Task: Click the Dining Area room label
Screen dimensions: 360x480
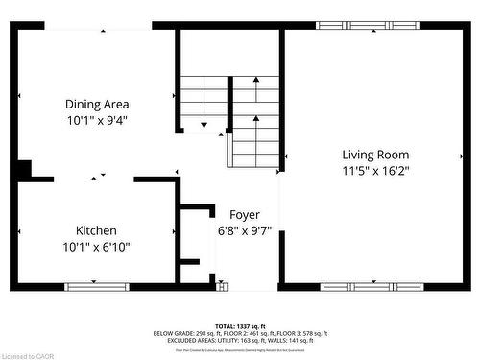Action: coord(97,104)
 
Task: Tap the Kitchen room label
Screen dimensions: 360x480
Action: coord(97,230)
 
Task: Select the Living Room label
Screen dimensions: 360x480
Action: coord(375,154)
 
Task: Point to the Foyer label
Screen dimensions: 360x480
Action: coord(245,213)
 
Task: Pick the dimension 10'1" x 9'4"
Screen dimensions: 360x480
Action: coord(97,120)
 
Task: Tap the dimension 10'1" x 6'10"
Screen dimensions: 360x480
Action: coord(97,247)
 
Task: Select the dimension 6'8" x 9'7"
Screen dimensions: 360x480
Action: coord(245,229)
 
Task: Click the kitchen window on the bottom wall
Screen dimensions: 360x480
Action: coord(96,286)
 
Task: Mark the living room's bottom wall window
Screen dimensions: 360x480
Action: coord(371,286)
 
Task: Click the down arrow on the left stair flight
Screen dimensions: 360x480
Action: coord(204,122)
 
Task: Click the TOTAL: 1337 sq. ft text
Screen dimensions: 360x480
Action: coord(240,326)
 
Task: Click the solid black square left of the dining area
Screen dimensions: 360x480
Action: coord(21,169)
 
